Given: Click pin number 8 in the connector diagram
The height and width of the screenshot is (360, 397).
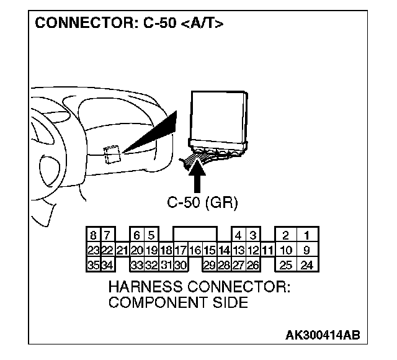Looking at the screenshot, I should point(93,235).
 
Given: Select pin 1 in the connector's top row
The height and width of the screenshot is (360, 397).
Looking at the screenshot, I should point(306,235).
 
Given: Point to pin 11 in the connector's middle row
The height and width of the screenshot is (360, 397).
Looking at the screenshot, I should point(268,251).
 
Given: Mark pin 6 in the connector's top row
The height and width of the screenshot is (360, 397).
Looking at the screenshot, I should point(136,235).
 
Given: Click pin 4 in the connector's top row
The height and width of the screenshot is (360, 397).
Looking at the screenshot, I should point(238,235).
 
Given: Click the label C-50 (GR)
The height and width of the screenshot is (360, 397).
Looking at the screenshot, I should point(203,202).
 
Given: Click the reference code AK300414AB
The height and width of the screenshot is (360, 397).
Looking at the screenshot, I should point(322,336).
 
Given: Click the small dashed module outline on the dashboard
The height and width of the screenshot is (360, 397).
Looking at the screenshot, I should point(112,153).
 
